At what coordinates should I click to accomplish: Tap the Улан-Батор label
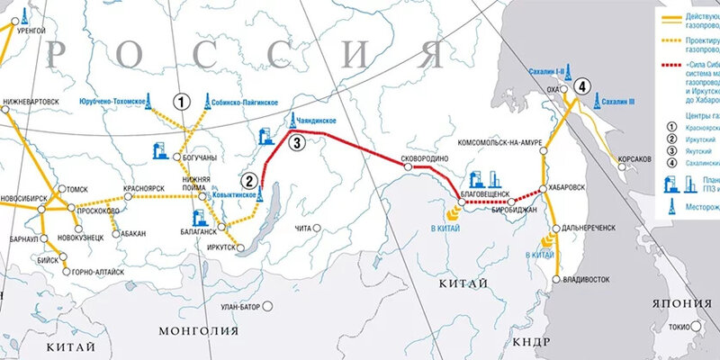pos(238,306)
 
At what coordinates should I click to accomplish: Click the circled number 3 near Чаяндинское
pos(297,142)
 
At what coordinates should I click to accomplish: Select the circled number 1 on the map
pos(184,102)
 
